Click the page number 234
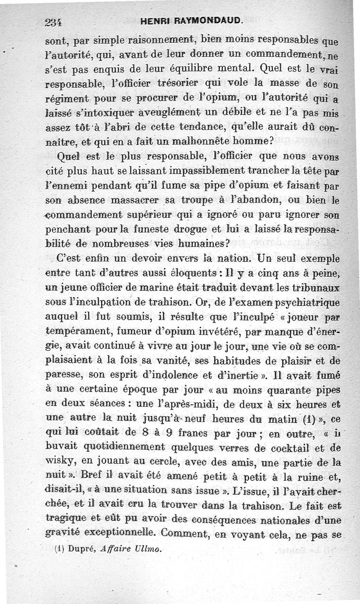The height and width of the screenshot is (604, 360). click(53, 21)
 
